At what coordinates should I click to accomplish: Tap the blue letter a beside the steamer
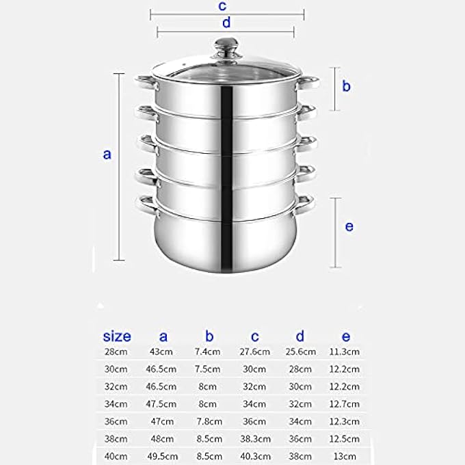coord(107,155)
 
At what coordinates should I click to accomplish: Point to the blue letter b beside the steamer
coord(347,85)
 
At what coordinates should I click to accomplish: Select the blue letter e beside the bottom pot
coord(349,226)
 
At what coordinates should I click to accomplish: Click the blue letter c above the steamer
coord(222,5)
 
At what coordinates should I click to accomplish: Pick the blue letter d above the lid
coord(226,23)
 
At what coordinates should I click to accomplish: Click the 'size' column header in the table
coord(117,336)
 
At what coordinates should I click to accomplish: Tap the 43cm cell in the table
coord(161,351)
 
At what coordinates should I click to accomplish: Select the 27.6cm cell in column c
coord(255,351)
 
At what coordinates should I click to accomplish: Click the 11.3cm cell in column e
coord(344,351)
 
